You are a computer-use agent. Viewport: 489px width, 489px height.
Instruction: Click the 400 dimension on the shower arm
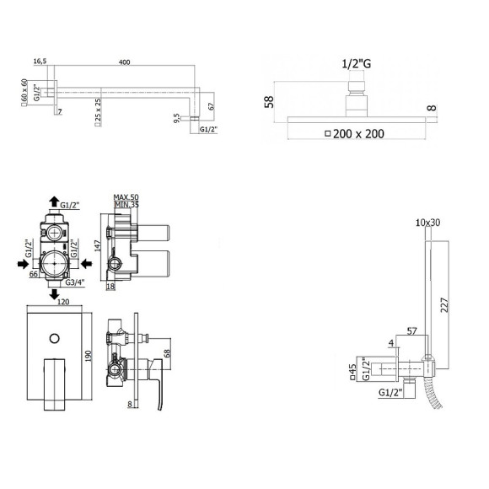pyautogui.click(x=125, y=62)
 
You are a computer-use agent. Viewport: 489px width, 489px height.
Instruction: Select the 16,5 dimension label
pyautogui.click(x=40, y=62)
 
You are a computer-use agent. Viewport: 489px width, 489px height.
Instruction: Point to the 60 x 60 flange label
pyautogui.click(x=25, y=90)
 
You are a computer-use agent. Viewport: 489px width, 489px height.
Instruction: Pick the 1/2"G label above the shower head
pyautogui.click(x=357, y=62)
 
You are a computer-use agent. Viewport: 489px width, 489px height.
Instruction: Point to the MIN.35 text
pyautogui.click(x=126, y=205)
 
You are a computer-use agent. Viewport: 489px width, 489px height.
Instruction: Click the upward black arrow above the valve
pyautogui.click(x=54, y=202)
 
